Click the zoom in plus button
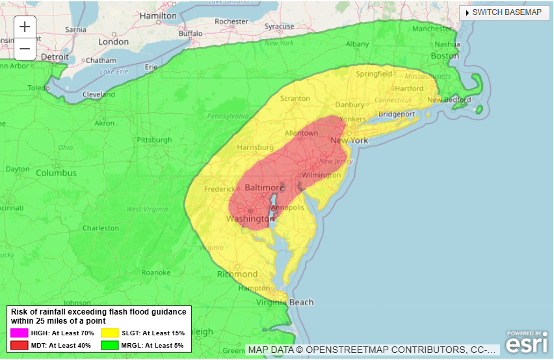tap(25, 27)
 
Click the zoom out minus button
tap(25, 48)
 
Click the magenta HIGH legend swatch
tap(20, 333)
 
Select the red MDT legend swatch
tap(20, 345)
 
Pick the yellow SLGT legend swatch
tap(110, 333)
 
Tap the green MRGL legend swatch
tap(110, 345)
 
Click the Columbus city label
tap(56, 173)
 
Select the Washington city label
tap(247, 219)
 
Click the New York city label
tap(349, 140)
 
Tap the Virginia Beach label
tap(285, 302)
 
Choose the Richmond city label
tap(237, 274)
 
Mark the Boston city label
tap(445, 56)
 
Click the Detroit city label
tap(55, 57)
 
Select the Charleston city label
tap(101, 228)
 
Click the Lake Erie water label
tap(114, 71)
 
